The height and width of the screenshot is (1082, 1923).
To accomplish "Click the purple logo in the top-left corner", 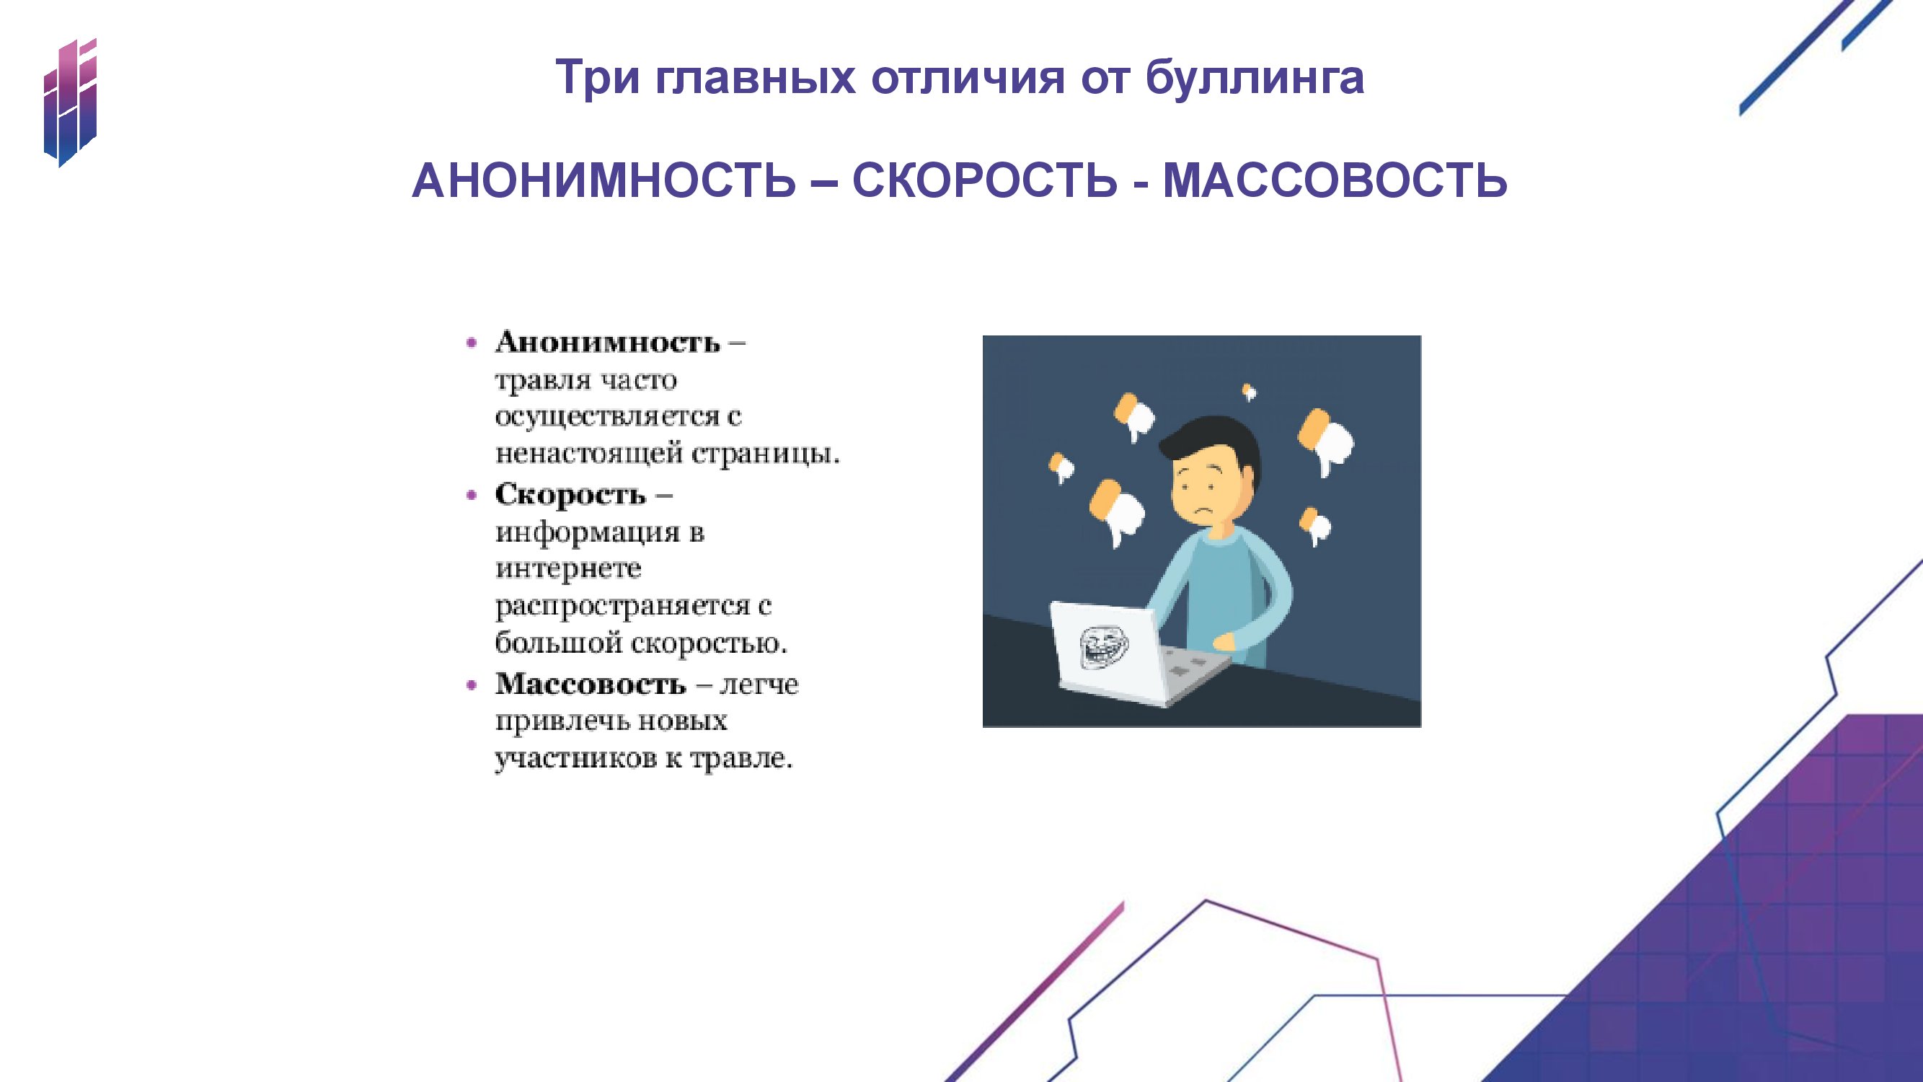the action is (70, 102).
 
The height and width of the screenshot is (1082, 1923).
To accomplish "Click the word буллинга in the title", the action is (1255, 78).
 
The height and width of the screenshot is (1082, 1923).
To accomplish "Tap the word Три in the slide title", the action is (598, 78).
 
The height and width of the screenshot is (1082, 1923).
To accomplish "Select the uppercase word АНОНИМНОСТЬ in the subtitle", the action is (604, 181).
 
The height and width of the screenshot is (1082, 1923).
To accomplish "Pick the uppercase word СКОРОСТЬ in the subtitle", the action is (985, 181).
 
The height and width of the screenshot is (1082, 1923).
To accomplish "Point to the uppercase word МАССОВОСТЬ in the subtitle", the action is (1335, 181).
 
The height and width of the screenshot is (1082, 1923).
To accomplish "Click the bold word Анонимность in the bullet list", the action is (608, 342).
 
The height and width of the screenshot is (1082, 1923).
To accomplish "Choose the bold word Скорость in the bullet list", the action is (570, 494).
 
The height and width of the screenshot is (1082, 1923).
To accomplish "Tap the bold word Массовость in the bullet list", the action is (591, 684).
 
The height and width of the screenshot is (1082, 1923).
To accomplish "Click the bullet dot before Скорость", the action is (471, 495).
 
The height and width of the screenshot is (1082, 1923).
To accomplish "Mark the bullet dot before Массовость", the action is (471, 685).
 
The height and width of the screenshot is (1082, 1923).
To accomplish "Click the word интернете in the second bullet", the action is (568, 569).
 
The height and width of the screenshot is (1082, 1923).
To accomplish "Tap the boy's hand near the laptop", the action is (1224, 641).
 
